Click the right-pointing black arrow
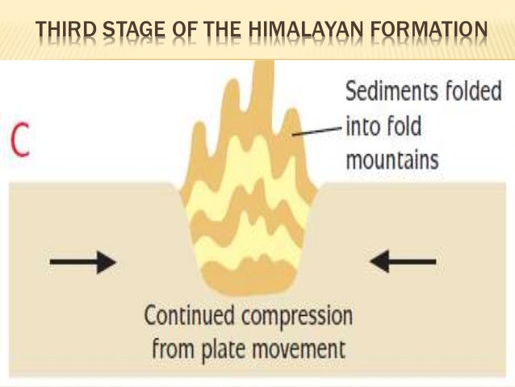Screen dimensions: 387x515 (x=82, y=262)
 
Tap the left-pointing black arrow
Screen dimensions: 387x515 (x=404, y=262)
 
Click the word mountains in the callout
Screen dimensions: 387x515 (x=392, y=159)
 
